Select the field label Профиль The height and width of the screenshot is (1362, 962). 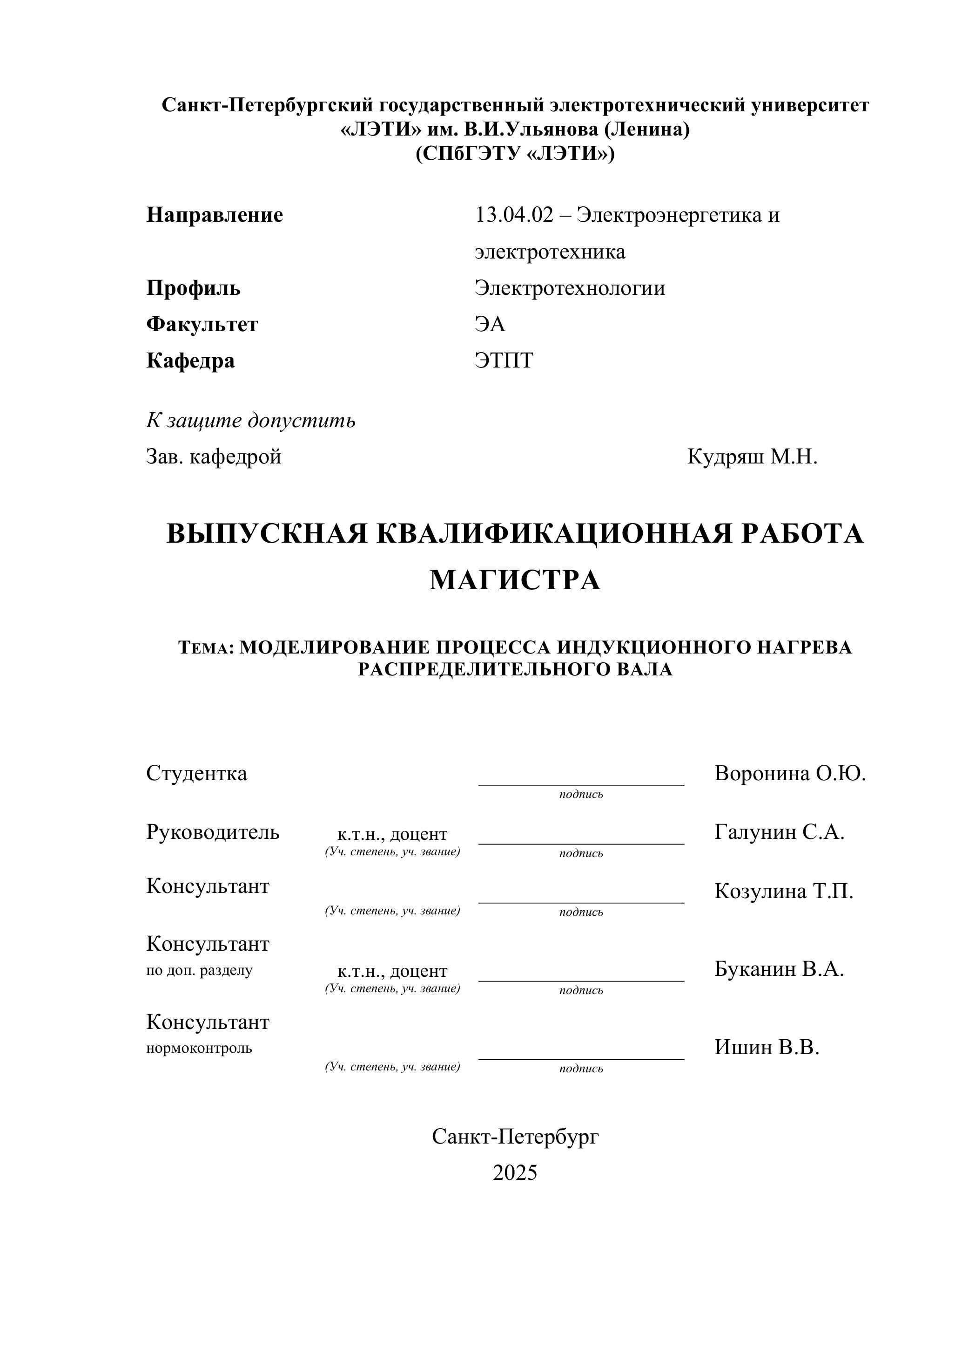pos(193,288)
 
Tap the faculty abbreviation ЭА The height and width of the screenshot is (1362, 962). pos(490,325)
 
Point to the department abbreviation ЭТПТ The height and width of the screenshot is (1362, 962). pos(504,361)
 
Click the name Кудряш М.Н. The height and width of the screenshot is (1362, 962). pos(752,457)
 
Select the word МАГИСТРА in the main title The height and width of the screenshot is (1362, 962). pos(514,580)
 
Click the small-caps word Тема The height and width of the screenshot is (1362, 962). pos(203,648)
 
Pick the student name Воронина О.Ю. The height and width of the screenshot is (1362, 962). pos(790,774)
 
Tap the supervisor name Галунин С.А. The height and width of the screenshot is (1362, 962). pos(779,832)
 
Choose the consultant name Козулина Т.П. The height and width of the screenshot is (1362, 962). pos(784,891)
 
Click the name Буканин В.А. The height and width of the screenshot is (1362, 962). pos(779,969)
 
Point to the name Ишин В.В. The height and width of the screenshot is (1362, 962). pos(767,1047)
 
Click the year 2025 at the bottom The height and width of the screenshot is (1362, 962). pos(514,1173)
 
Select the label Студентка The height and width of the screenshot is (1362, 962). pos(196,774)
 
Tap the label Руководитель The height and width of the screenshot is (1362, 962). pos(212,832)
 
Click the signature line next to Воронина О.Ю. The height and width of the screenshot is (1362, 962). pos(581,784)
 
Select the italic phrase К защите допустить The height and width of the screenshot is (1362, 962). pos(251,421)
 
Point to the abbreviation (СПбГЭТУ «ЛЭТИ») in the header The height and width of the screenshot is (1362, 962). pos(514,154)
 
